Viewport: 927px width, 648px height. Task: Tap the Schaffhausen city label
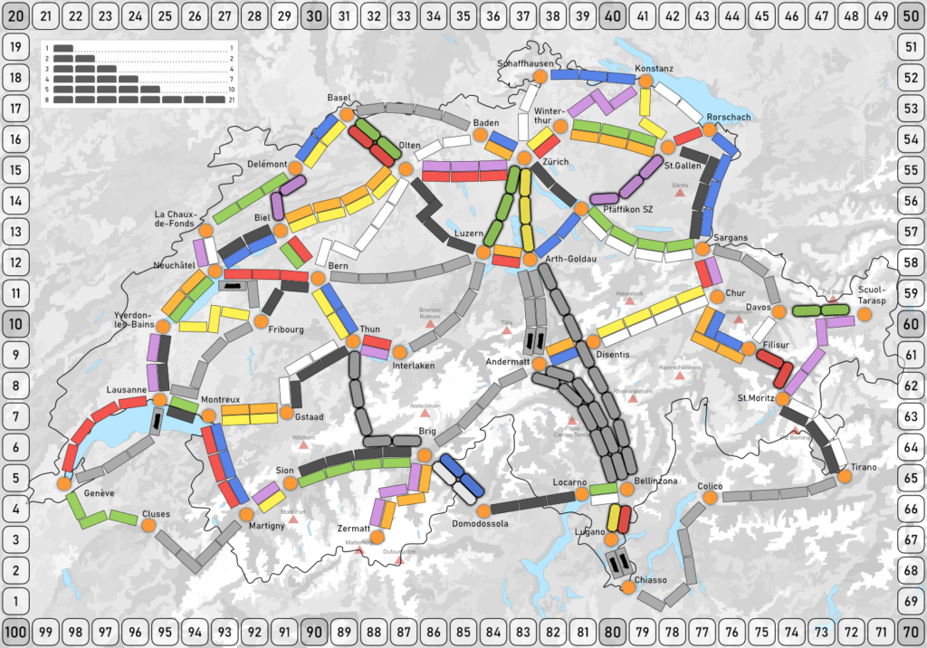(524, 63)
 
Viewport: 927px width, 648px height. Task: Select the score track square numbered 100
(14, 631)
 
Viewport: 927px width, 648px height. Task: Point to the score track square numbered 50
(912, 15)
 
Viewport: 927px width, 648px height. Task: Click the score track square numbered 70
(912, 631)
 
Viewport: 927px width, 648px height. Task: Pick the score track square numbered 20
(14, 15)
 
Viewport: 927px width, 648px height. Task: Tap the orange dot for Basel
(346, 114)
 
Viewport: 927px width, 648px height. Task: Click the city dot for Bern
(318, 279)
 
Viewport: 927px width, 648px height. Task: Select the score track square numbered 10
(14, 323)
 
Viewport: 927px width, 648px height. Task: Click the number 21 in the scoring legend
(232, 100)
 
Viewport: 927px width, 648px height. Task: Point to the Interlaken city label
(415, 366)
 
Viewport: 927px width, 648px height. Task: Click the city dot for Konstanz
(645, 81)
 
